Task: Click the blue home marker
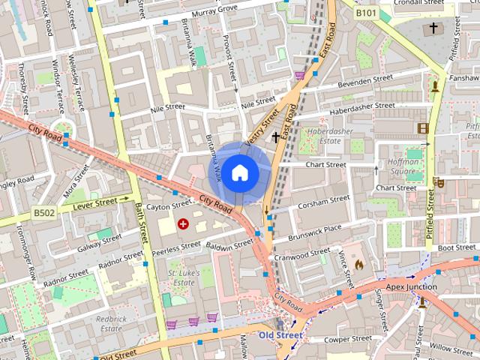pos(239,173)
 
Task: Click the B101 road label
pos(367,13)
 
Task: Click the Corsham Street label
pos(323,201)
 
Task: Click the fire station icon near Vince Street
pos(358,264)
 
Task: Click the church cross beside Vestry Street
pos(276,137)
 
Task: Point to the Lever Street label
pos(94,202)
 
